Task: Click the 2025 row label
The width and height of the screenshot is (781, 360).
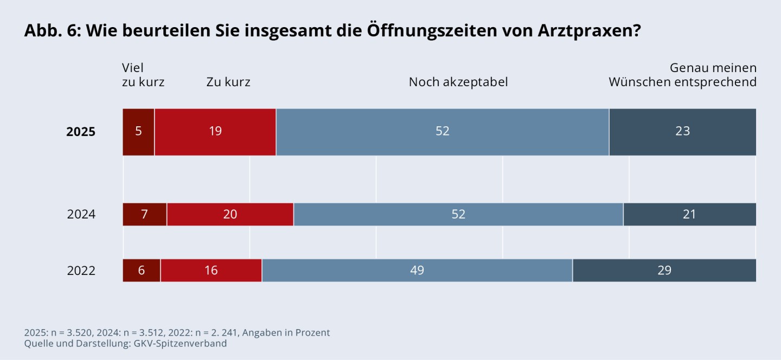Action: pos(81,132)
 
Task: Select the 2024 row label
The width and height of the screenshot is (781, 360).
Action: pos(81,214)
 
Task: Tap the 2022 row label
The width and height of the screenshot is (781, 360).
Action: pos(81,271)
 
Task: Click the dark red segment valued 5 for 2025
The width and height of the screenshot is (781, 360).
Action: pos(138,132)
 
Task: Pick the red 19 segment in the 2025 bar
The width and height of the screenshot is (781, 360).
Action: pos(215,132)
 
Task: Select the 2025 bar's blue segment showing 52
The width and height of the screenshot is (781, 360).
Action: pos(443,132)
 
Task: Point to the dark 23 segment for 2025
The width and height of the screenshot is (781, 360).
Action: pos(682,132)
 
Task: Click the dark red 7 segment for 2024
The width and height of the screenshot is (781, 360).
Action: pos(145,214)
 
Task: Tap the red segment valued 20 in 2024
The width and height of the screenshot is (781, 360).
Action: pos(230,214)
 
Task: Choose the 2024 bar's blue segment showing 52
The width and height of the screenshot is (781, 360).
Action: pos(458,214)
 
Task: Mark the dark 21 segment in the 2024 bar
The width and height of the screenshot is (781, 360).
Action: pos(689,214)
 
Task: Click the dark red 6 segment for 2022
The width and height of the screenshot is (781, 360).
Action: pos(142,271)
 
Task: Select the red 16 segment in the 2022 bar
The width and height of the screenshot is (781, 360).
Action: pos(211,271)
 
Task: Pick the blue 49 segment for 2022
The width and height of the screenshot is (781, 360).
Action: pos(417,271)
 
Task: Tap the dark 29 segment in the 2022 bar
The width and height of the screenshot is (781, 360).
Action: pos(664,271)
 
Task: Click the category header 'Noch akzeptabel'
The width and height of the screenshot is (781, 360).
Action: pos(458,82)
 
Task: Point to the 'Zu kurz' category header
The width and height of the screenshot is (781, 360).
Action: pos(228,82)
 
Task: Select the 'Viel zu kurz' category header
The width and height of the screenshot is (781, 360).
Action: pos(143,75)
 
